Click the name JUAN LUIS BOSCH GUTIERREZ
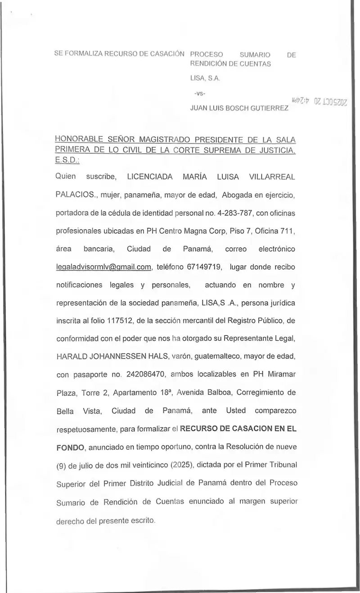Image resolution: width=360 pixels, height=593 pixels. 239,109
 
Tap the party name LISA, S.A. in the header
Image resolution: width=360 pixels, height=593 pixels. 204,78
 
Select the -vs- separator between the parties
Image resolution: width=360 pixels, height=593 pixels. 199,94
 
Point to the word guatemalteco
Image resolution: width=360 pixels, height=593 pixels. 211,357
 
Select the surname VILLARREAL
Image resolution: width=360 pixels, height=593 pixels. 272,177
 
